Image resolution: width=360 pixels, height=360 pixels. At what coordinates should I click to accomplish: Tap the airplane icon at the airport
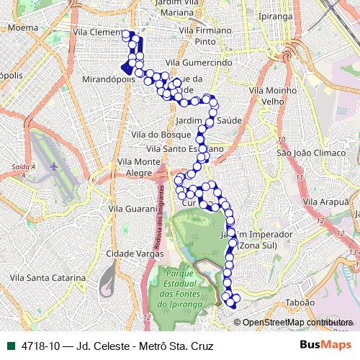coord(53,167)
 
